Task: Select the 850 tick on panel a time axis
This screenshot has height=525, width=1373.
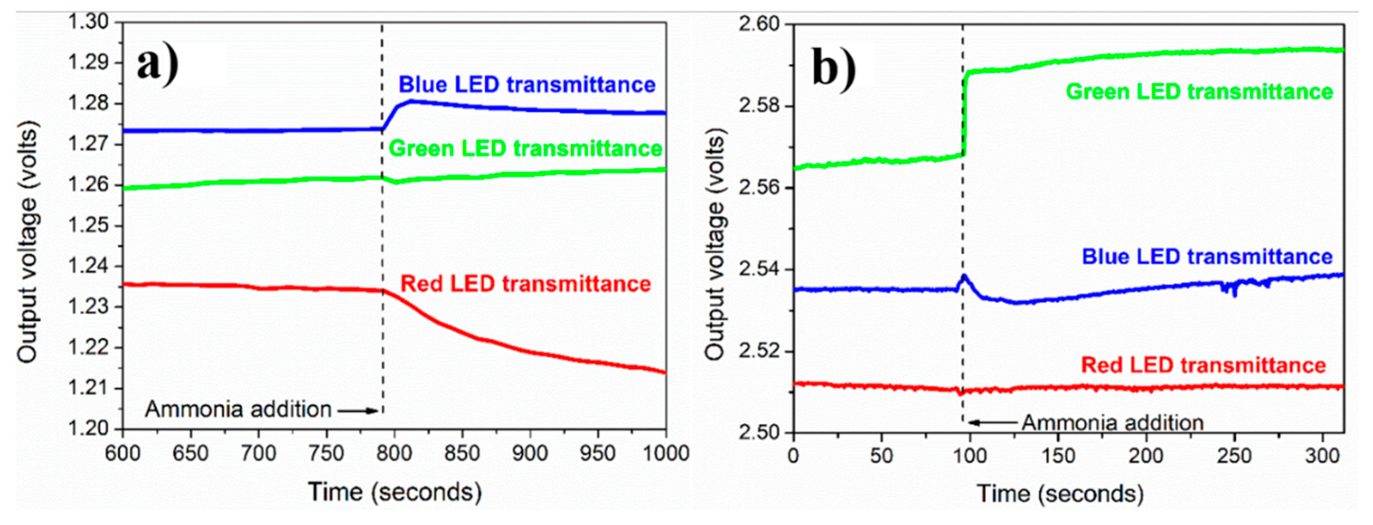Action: pos(461,453)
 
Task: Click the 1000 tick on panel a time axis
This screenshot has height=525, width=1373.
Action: pos(666,453)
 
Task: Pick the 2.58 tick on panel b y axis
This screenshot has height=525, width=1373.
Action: pos(759,105)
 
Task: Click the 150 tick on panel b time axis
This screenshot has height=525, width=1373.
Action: pos(1057,456)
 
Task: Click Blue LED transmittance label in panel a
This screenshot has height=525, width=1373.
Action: pos(526,85)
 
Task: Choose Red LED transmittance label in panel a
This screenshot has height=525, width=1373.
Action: pos(525,283)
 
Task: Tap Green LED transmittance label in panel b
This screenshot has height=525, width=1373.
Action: pos(1199,92)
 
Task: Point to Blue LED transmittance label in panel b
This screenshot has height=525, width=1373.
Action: pos(1207,257)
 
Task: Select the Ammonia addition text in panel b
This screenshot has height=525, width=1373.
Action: pos(1112,423)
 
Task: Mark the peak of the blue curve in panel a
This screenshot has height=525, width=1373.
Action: pos(411,101)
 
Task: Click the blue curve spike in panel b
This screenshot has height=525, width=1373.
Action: pos(963,276)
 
